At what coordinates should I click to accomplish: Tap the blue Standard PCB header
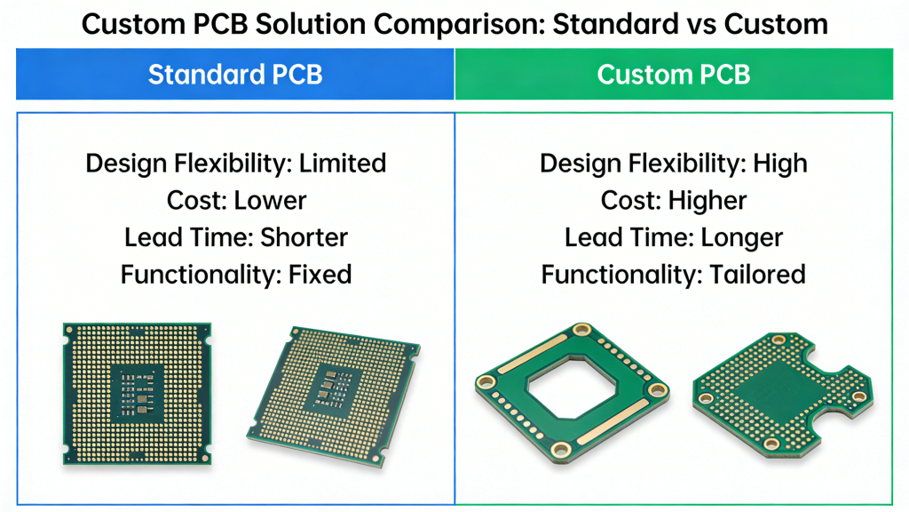click(x=235, y=74)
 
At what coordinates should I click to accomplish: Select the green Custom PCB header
click(x=674, y=74)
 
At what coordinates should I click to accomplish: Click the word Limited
click(x=343, y=164)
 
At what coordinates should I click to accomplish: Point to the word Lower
click(x=270, y=200)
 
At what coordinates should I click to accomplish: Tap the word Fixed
click(x=320, y=274)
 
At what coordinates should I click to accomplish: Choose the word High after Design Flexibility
click(x=780, y=164)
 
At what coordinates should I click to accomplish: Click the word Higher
click(x=707, y=200)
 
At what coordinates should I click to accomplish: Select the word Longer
click(x=742, y=237)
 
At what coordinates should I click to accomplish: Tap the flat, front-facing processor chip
click(x=138, y=393)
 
